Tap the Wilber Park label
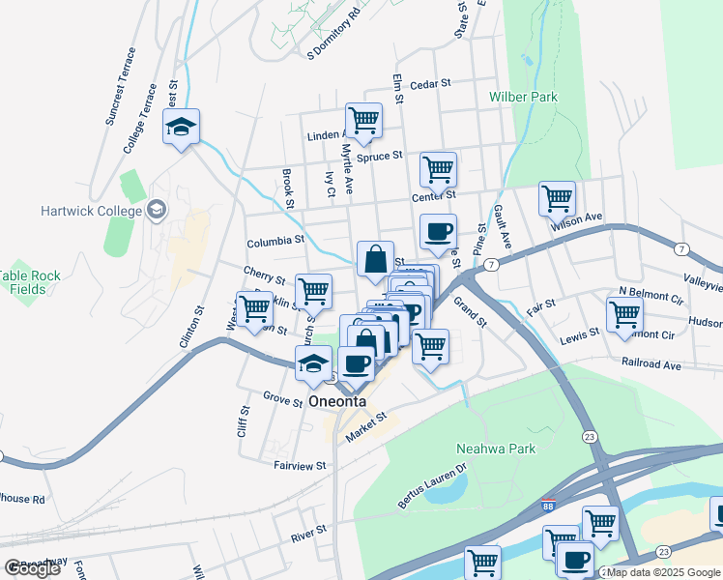tap(523, 98)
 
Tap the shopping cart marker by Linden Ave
tap(363, 122)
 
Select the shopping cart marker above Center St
tap(438, 171)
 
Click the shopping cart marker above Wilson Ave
tap(557, 200)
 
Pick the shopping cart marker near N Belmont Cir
tap(624, 314)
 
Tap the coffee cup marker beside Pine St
tap(438, 232)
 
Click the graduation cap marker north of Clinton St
tap(181, 128)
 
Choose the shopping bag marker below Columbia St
tap(375, 260)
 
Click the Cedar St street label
tap(430, 84)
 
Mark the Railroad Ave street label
tap(652, 366)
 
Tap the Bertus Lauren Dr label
tap(432, 484)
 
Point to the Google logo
tap(32, 568)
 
